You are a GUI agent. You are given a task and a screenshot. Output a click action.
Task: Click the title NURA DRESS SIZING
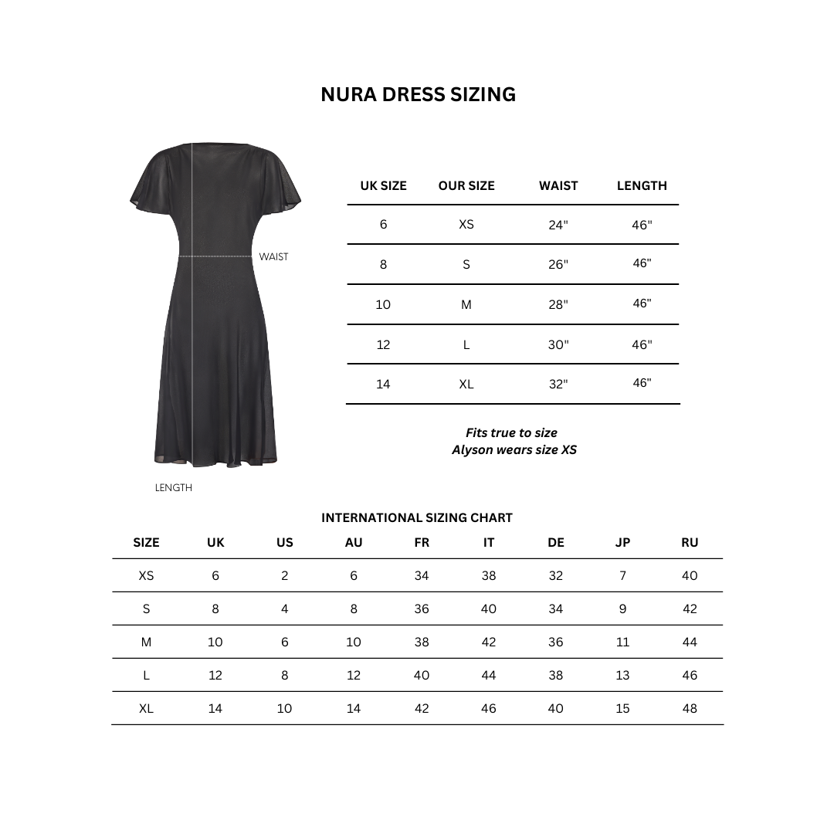pos(418,94)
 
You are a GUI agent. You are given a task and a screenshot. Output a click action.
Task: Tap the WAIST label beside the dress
pos(273,257)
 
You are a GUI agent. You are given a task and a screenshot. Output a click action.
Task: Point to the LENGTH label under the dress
pos(174,488)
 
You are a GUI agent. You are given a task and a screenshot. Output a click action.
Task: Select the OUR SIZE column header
pos(466,185)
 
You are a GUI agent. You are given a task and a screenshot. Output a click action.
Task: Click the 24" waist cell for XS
pos(558,225)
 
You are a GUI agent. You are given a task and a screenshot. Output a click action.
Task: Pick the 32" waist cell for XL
pos(558,384)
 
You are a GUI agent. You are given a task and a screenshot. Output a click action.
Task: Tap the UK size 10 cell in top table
pos(383,304)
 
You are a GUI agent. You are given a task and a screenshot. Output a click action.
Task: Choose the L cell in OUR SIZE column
pos(466,344)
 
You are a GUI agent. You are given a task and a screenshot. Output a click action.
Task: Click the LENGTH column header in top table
pos(642,185)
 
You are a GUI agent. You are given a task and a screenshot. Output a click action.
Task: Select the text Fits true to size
pos(511,432)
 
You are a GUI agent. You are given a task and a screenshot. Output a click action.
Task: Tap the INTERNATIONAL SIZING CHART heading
pos(417,518)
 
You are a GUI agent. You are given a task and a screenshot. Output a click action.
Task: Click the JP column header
pos(622,543)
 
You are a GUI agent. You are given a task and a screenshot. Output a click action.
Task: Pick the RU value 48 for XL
pos(690,708)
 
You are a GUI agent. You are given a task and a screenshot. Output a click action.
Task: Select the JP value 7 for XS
pos(622,575)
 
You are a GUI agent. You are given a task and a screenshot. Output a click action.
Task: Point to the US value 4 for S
pos(284,609)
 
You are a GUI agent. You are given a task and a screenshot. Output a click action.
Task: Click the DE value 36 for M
pos(555,642)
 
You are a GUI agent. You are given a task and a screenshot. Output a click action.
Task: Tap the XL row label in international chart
pos(146,708)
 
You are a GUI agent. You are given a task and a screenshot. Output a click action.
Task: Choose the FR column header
pos(422,543)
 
